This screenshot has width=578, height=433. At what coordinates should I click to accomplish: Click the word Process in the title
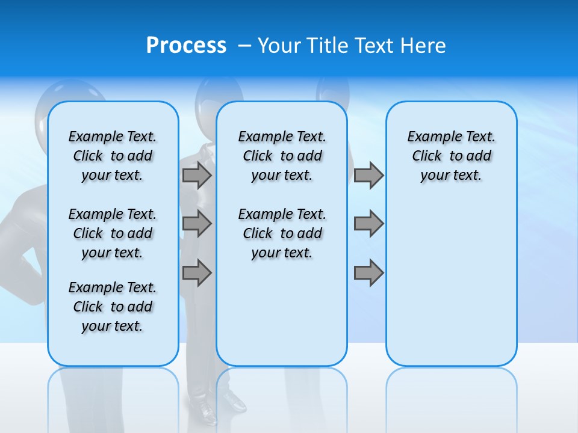point(186,46)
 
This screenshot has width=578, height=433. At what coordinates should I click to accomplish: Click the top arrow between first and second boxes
point(197,175)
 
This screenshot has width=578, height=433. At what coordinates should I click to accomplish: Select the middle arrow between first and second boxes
point(197,224)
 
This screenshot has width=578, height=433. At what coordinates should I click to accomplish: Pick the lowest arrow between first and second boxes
point(197,272)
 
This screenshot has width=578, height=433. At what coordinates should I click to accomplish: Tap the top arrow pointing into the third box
point(368,175)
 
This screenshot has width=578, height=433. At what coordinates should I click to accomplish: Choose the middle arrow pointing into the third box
point(368,224)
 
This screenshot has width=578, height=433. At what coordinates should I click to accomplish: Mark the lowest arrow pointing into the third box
point(368,272)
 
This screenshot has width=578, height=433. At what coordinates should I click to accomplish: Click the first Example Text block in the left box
point(113,156)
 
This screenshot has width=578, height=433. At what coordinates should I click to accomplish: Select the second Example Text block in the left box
point(113,233)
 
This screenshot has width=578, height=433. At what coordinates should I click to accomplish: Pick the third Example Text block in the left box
point(113,307)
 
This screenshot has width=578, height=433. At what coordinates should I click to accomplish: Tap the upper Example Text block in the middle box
point(282,156)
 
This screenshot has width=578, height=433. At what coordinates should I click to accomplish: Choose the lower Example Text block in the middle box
point(282,233)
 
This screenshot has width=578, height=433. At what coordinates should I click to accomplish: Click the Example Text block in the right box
point(451,156)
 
